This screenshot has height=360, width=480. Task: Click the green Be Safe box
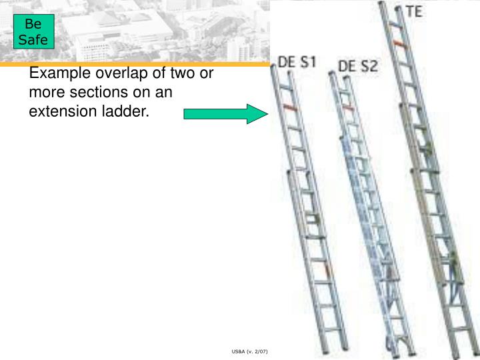coord(34,31)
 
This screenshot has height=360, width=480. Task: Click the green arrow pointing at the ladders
coord(225,114)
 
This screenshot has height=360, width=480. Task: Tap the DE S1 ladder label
coord(297,62)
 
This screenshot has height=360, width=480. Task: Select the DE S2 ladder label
coord(358,66)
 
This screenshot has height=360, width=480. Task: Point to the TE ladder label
coord(415,11)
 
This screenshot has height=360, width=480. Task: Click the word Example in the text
coord(60,73)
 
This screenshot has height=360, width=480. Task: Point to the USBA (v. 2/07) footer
coord(249,351)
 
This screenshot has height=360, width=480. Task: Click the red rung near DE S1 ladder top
coord(290,107)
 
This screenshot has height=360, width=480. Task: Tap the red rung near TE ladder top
coord(399,45)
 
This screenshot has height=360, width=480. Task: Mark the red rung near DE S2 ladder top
coord(348,107)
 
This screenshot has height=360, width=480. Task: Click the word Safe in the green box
coord(33,40)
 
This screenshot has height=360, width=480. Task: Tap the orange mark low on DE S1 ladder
coord(329,270)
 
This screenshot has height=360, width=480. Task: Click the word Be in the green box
coord(33,23)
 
